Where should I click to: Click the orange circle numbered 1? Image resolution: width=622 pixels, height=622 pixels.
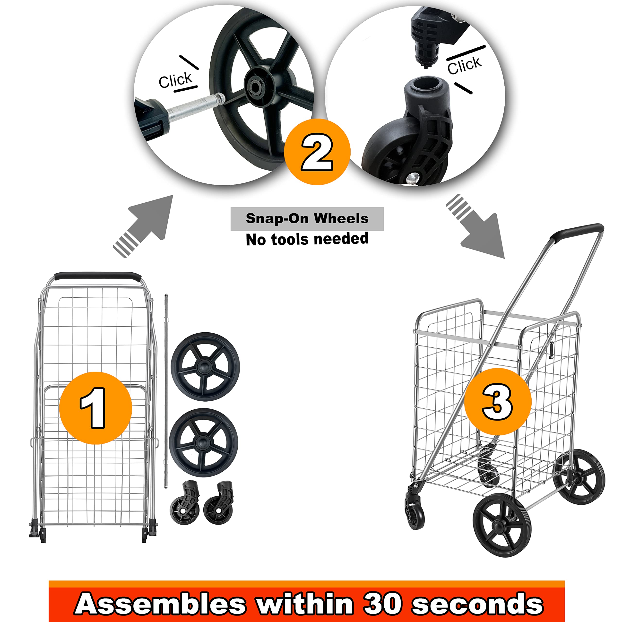pyautogui.click(x=96, y=408)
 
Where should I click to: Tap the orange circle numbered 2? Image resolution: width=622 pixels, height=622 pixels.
pyautogui.click(x=317, y=152)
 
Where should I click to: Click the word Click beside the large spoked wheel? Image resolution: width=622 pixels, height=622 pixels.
pyautogui.click(x=175, y=80)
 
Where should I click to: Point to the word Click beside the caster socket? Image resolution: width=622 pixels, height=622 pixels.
pyautogui.click(x=464, y=65)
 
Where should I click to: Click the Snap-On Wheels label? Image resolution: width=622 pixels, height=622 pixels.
pyautogui.click(x=307, y=219)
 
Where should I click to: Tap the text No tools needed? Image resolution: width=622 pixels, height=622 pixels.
pyautogui.click(x=307, y=239)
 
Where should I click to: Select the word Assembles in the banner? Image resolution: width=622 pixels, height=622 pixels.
pyautogui.click(x=160, y=603)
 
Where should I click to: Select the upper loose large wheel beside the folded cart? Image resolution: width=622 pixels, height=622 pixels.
pyautogui.click(x=205, y=366)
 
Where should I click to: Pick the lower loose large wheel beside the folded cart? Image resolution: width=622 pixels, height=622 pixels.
pyautogui.click(x=203, y=442)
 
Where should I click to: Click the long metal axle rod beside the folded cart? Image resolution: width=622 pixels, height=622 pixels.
pyautogui.click(x=166, y=391)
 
